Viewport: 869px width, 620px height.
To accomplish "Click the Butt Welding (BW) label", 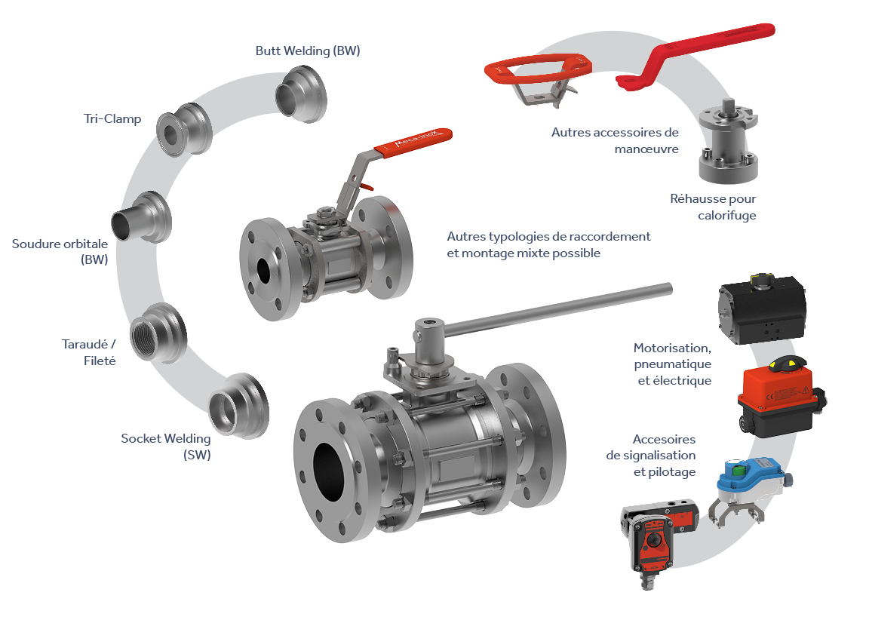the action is (308, 51).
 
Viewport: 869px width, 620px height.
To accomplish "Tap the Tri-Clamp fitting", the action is (185, 130).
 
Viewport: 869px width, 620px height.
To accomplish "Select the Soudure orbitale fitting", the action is (142, 218).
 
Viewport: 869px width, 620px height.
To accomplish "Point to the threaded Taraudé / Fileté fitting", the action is (158, 333).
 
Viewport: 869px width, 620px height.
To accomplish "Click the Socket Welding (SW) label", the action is (166, 447).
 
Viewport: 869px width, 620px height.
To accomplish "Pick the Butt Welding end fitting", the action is (302, 94).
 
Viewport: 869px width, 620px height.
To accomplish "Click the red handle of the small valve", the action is (413, 143).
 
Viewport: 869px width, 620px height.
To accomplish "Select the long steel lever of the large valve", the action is (557, 311).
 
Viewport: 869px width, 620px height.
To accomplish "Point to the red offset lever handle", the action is (696, 54).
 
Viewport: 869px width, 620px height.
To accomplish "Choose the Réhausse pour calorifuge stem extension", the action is (728, 141).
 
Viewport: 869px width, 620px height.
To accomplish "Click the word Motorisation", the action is (671, 348).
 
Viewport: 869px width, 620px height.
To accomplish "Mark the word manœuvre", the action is (646, 149).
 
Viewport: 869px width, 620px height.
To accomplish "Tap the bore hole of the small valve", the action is (263, 271).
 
